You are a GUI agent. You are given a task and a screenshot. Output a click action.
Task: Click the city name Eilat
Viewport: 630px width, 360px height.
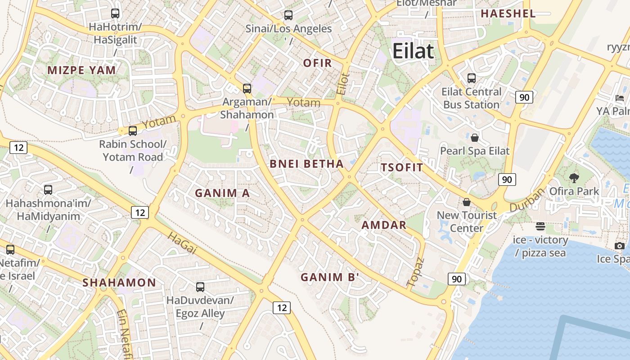(413, 51)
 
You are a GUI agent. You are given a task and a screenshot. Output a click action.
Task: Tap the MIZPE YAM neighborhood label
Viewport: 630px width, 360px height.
(82, 70)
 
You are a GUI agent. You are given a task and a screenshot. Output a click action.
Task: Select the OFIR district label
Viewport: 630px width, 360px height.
(317, 63)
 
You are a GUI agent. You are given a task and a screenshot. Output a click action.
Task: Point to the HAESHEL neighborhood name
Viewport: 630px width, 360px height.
(508, 13)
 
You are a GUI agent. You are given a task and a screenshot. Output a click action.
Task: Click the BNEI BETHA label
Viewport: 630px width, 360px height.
(307, 164)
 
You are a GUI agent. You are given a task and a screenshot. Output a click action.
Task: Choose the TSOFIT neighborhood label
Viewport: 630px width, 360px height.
(402, 168)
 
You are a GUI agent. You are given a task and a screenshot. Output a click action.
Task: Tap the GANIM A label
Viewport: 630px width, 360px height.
(222, 193)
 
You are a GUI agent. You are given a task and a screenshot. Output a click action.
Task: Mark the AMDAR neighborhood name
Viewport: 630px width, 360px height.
(384, 225)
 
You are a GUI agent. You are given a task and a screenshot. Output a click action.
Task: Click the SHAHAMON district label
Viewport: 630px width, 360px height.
(119, 283)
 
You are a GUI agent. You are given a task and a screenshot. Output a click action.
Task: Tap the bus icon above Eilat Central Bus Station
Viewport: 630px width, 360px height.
(471, 78)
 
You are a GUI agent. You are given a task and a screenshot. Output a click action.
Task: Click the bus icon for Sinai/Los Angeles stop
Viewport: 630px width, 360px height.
(288, 15)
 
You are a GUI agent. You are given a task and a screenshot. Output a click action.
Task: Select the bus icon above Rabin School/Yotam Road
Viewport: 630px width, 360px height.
(132, 131)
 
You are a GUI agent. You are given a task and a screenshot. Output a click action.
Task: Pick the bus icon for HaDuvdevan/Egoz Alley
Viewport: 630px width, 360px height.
(200, 287)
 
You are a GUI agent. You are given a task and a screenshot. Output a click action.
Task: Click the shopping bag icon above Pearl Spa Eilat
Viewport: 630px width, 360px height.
(474, 137)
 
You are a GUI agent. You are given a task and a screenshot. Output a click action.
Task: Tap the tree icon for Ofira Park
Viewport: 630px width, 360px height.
(574, 178)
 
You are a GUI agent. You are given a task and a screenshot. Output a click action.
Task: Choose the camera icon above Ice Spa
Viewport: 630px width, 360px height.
(620, 246)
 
